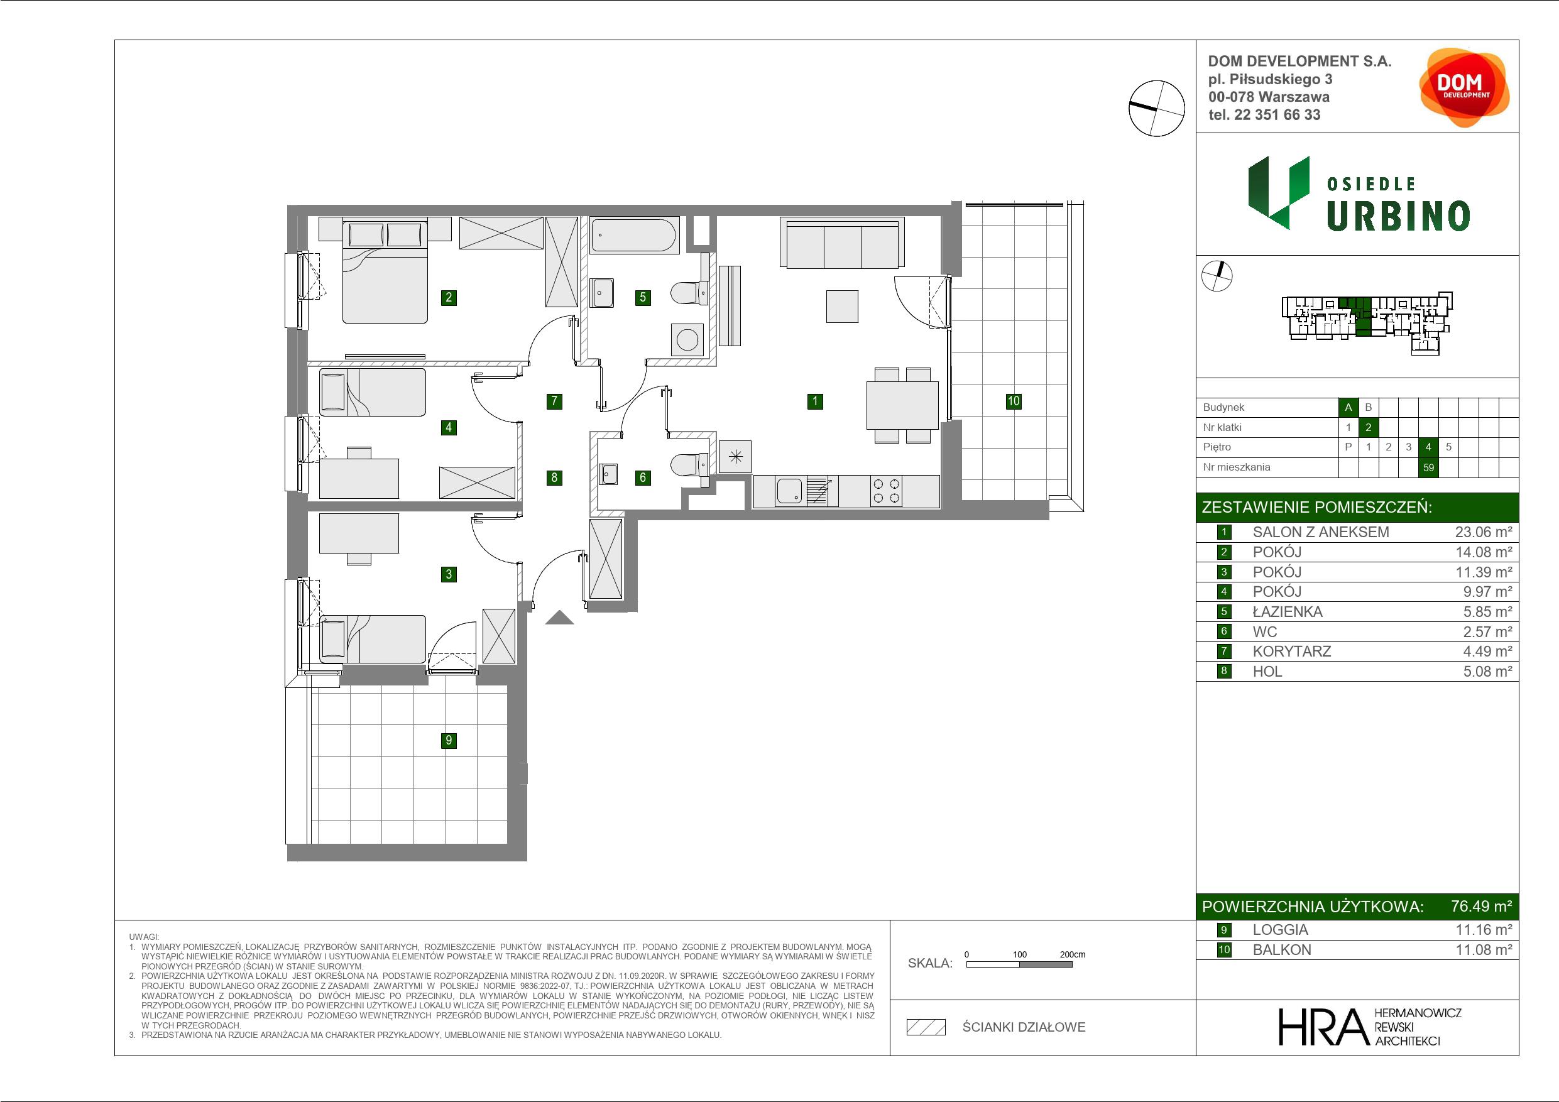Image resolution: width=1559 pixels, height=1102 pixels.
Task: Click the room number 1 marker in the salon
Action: [815, 401]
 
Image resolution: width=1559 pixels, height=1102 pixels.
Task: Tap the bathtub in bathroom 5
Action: [634, 235]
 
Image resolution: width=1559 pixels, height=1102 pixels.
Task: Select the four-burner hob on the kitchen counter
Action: [886, 491]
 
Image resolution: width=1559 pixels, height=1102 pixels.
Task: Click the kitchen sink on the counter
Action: [790, 491]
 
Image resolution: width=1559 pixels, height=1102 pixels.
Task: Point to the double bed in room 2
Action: [385, 271]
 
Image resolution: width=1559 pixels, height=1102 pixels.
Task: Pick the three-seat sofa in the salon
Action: [842, 243]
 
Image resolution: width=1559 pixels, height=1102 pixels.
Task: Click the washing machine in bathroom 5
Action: [688, 339]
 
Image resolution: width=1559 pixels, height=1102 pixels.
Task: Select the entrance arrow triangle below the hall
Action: [559, 617]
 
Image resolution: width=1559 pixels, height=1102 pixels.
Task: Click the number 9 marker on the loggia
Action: [448, 740]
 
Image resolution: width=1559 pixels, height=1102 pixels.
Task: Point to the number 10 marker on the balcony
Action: [1013, 401]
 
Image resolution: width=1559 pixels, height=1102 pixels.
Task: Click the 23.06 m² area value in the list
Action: [1483, 532]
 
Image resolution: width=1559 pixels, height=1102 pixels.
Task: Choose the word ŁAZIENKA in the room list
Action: [1288, 612]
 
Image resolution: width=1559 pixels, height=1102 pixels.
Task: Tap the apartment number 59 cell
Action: [1429, 467]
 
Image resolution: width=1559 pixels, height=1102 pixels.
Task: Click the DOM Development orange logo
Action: [1463, 87]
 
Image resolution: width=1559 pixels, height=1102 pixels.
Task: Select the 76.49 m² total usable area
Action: [1482, 907]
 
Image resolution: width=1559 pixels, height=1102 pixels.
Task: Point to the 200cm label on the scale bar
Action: [1072, 954]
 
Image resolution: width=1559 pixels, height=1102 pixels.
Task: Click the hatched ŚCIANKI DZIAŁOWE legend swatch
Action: [926, 1027]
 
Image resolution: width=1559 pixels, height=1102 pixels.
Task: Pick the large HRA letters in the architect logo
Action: [1323, 1027]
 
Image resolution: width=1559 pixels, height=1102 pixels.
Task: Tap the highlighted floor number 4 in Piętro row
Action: [1429, 447]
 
